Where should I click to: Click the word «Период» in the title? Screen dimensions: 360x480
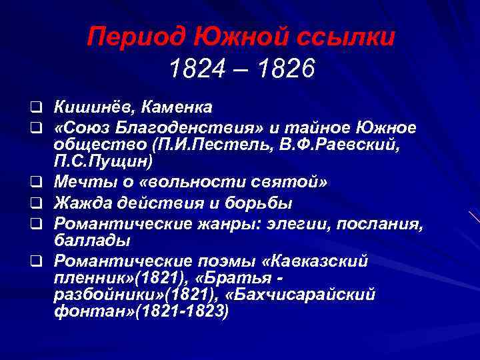[127, 35]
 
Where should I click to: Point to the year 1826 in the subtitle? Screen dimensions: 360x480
[287, 69]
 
